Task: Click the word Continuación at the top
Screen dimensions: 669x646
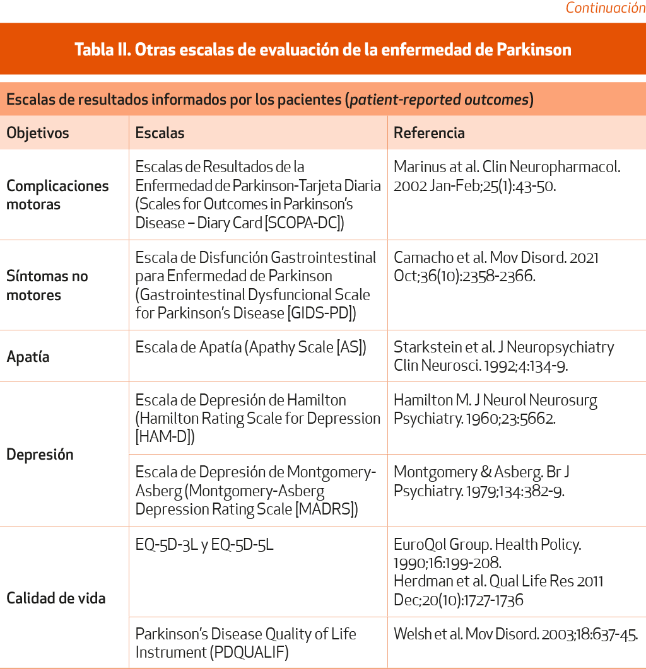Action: [605, 8]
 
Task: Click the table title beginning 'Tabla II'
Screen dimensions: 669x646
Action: [322, 49]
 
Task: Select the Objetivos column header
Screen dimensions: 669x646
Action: [38, 133]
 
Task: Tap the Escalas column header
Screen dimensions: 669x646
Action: [160, 133]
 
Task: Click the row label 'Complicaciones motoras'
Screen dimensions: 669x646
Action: [57, 195]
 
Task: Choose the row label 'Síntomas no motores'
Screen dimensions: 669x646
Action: [47, 285]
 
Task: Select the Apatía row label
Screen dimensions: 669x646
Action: [28, 357]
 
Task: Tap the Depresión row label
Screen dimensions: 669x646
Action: [40, 455]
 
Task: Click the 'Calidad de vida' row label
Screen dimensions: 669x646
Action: [56, 598]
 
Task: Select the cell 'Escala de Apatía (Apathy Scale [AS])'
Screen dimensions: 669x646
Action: [250, 347]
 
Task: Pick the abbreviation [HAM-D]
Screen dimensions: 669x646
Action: [165, 436]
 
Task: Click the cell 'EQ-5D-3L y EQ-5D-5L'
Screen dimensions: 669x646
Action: [204, 544]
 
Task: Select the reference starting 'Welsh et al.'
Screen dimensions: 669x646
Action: [515, 634]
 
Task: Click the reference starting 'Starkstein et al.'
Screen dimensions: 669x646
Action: [503, 356]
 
